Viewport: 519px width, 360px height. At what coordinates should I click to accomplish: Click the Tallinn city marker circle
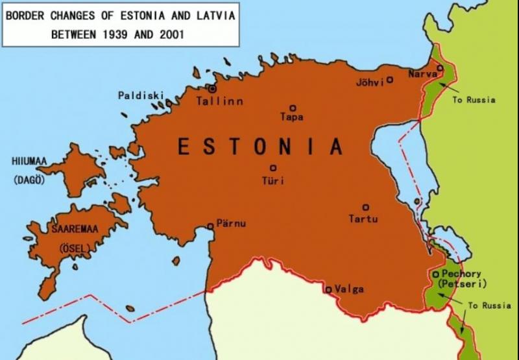pyautogui.click(x=211, y=88)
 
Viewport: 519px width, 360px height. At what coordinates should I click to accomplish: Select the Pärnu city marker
pyautogui.click(x=210, y=226)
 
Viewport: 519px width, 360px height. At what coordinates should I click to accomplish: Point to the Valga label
pyautogui.click(x=349, y=289)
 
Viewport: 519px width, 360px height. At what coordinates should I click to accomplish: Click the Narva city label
pyautogui.click(x=422, y=75)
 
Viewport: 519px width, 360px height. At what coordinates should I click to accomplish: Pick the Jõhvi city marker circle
pyautogui.click(x=390, y=80)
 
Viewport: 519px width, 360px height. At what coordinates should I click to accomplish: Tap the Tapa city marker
pyautogui.click(x=293, y=108)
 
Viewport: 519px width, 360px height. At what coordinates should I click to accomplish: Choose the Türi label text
pyautogui.click(x=272, y=181)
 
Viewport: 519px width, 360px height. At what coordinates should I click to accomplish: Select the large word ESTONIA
pyautogui.click(x=259, y=147)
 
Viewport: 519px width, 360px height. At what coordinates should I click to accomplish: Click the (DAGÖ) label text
pyautogui.click(x=29, y=180)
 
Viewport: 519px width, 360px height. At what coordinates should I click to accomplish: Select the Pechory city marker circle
pyautogui.click(x=435, y=274)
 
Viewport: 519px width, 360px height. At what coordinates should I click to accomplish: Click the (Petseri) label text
pyautogui.click(x=462, y=284)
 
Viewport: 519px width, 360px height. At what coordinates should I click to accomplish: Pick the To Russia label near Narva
pyautogui.click(x=474, y=100)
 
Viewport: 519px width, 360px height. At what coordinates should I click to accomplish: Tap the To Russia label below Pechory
pyautogui.click(x=490, y=306)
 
